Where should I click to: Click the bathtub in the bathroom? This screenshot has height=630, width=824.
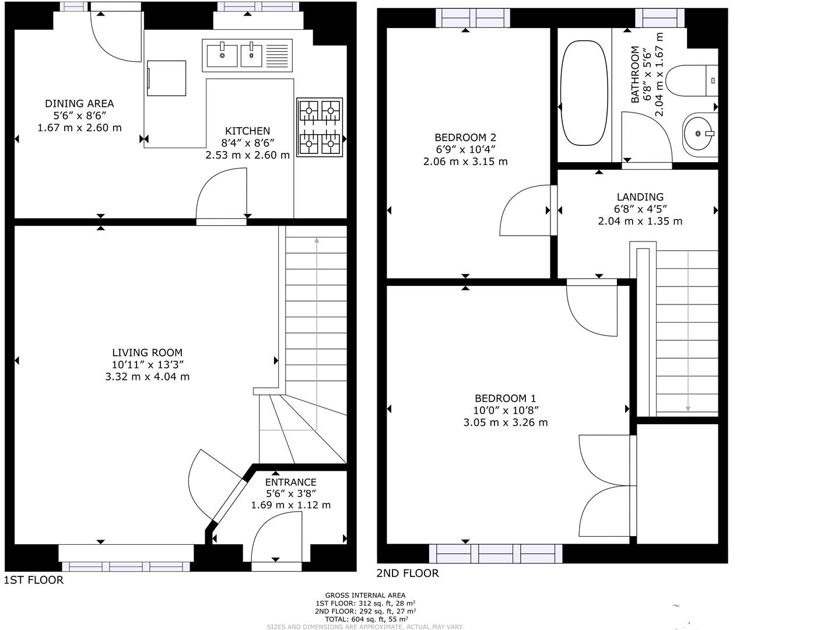click(x=584, y=93)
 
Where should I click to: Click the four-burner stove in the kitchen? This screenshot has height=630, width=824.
click(x=320, y=127)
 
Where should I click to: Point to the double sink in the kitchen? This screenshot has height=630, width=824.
click(x=247, y=55)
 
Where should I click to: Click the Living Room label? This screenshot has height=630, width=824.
click(x=147, y=352)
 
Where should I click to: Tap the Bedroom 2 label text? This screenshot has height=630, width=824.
click(x=465, y=137)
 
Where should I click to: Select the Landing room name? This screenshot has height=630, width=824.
click(x=640, y=197)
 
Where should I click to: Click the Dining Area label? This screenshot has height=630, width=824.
click(x=79, y=103)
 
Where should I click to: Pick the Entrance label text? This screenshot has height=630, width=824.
click(x=290, y=482)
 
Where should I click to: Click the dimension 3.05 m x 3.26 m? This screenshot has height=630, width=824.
click(x=505, y=422)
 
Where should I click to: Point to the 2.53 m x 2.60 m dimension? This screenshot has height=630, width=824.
click(x=247, y=155)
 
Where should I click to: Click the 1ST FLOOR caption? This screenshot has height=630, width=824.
click(x=34, y=580)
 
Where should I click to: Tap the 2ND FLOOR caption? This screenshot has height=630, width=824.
click(x=407, y=573)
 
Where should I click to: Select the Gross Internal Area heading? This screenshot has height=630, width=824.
click(x=365, y=596)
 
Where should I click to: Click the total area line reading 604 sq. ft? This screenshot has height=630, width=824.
click(x=365, y=619)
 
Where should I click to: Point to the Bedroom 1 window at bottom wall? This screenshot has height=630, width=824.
click(x=496, y=553)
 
